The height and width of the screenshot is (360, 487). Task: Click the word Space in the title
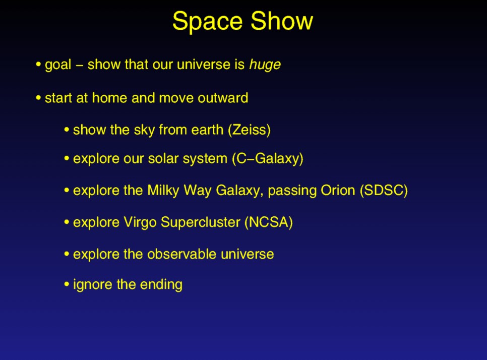click(207, 22)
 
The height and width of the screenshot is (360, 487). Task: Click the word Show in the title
click(282, 21)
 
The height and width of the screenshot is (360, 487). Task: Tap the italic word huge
click(265, 65)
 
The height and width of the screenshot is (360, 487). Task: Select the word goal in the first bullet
click(58, 65)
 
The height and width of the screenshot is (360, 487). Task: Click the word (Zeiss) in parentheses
click(250, 130)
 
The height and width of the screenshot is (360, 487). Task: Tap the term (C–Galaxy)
click(267, 159)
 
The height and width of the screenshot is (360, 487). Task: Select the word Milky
click(163, 191)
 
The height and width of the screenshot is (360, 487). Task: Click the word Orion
click(338, 191)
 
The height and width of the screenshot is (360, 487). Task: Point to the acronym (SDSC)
click(384, 191)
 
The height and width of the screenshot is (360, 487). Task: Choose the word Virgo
click(140, 222)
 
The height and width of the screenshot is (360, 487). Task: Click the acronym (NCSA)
click(269, 222)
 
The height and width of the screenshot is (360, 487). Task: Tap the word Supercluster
click(201, 222)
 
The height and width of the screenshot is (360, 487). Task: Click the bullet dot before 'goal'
click(38, 65)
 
